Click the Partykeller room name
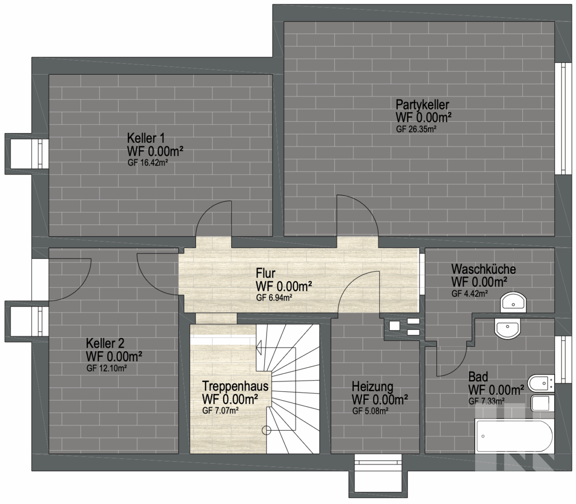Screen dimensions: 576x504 422,105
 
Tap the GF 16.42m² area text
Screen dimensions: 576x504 148,163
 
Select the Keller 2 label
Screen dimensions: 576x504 105,343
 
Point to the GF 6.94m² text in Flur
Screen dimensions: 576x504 274,298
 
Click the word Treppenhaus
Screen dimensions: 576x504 235,386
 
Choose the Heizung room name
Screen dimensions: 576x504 372,387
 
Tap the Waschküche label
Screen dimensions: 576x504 484,269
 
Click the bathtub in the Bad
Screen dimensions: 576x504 514,436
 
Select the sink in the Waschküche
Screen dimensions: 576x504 513,303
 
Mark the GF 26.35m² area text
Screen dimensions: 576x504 416,129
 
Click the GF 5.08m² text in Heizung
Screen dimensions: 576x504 371,411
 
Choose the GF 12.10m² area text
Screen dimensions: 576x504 106,368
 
